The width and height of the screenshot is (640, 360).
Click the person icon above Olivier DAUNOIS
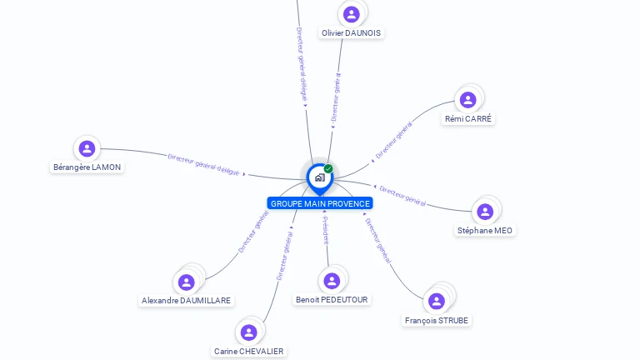coord(351,14)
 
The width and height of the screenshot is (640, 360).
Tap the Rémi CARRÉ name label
coord(469,119)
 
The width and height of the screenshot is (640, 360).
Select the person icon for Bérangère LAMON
coord(87,149)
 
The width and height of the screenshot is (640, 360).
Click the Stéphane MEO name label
coord(485,231)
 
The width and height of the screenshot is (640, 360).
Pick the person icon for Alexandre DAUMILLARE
coord(187,282)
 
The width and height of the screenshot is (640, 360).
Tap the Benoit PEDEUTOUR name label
coord(332,300)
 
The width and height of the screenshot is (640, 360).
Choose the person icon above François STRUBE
coord(437,301)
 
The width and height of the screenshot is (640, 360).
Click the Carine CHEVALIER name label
coord(248,352)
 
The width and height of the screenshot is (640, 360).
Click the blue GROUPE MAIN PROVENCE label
coord(320,203)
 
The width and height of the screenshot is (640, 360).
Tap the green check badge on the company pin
coord(328,169)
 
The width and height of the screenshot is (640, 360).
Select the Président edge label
coord(326,230)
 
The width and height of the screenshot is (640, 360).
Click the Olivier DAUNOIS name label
coord(352,33)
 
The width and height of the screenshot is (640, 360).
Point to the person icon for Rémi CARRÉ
coord(467,100)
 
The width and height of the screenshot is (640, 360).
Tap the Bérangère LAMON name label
coord(87,167)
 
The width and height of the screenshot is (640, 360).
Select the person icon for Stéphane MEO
coord(485,212)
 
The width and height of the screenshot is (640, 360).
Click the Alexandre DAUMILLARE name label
coord(187,301)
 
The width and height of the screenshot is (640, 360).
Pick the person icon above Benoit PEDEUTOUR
coord(332,281)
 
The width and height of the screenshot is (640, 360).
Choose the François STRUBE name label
coord(437,321)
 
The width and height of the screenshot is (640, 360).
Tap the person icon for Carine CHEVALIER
coord(248,332)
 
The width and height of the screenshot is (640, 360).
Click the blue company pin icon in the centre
coord(319,177)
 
